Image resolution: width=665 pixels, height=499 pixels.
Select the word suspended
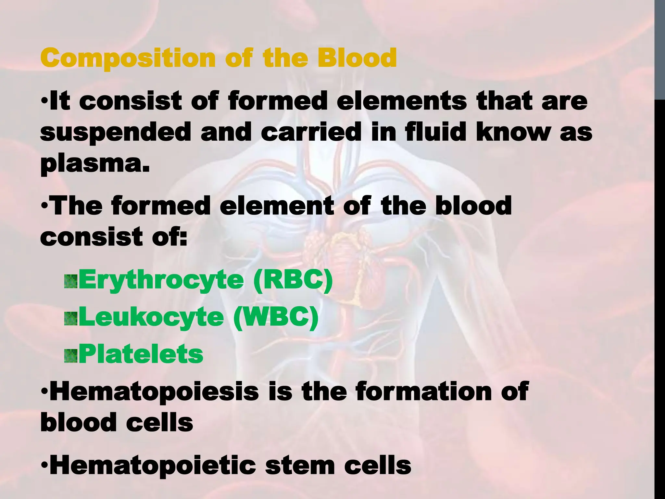pos(116,133)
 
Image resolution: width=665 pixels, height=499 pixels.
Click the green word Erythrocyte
pos(161,281)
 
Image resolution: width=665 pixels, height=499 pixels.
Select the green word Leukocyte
pos(151,318)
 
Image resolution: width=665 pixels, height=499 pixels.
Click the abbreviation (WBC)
pos(276,317)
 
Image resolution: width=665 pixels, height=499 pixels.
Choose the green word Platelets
pos(141,354)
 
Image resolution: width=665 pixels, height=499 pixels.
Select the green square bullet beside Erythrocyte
pos(71,282)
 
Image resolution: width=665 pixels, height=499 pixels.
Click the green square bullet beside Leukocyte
pos(71,319)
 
